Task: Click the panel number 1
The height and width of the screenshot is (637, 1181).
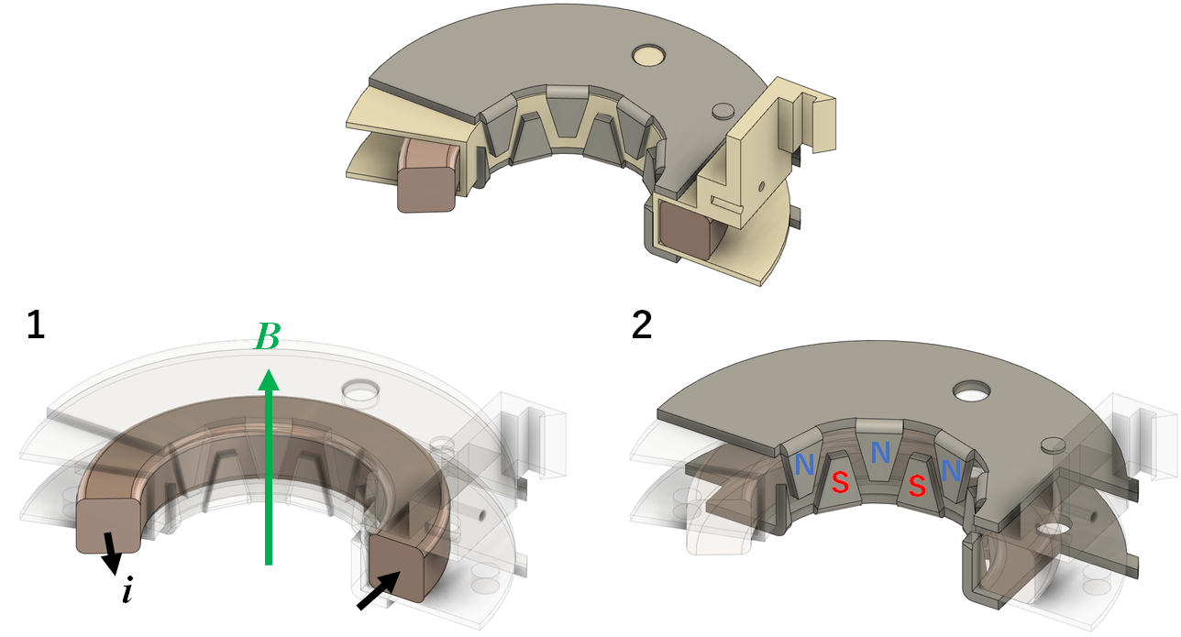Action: (35, 327)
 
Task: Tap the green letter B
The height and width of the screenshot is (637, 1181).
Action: (267, 339)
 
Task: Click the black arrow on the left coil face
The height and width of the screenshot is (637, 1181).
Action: (111, 552)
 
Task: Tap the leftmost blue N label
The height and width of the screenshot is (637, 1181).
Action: (804, 466)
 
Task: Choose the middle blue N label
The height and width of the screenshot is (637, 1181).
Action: (880, 452)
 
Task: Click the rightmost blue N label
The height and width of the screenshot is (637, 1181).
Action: (951, 471)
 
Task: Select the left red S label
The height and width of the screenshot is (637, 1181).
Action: (839, 482)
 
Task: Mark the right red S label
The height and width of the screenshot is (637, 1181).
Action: (916, 487)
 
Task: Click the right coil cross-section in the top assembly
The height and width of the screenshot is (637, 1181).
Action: (689, 229)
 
